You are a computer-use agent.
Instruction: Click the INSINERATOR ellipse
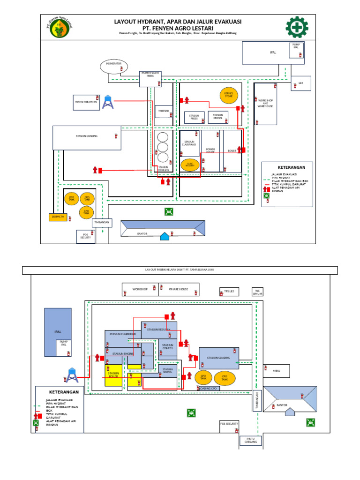tap(113, 66)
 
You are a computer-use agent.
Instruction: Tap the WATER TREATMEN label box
tap(86, 102)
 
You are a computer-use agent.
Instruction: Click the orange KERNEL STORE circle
tap(229, 95)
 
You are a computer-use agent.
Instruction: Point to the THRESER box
tap(164, 111)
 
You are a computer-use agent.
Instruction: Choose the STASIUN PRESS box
tap(194, 117)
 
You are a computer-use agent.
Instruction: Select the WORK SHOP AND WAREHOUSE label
tap(265, 103)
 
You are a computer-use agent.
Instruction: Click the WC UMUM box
tap(257, 292)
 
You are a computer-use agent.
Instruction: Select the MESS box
tap(276, 370)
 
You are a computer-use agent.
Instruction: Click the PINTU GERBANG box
tap(248, 441)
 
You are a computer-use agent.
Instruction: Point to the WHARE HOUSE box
tap(179, 289)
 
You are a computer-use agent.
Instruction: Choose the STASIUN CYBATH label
tap(168, 347)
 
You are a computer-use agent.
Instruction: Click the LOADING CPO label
tap(208, 389)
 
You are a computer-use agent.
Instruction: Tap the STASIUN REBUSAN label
tap(158, 330)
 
